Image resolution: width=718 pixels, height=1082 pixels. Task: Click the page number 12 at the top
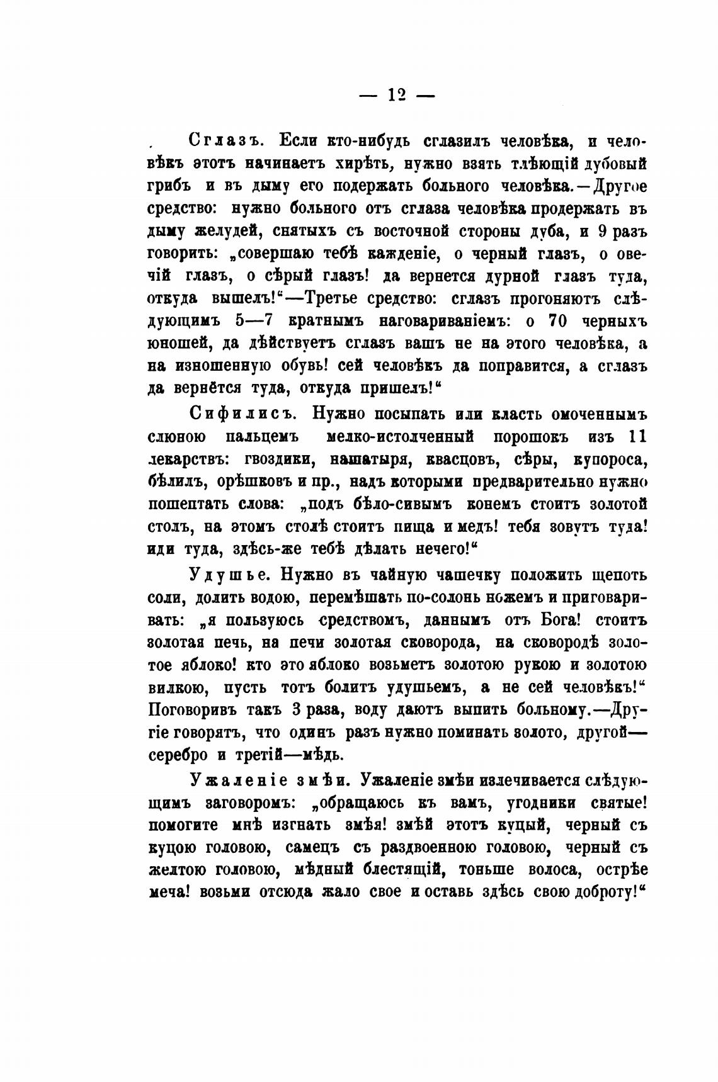[x=396, y=94]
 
